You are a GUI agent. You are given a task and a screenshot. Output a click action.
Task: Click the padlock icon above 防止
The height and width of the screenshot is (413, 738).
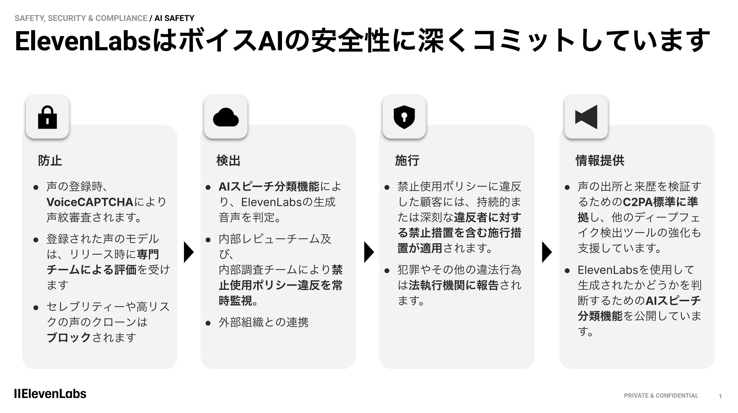47,117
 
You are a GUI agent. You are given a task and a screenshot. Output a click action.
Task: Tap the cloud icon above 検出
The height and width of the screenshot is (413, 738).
226,117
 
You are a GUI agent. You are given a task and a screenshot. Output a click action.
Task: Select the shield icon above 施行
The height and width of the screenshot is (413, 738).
404,117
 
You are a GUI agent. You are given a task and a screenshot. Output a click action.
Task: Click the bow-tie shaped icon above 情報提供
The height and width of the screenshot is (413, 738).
586,117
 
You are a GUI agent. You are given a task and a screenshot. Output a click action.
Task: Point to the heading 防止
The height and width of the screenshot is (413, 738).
50,161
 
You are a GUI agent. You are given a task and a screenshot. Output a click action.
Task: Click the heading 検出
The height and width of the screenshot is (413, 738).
228,161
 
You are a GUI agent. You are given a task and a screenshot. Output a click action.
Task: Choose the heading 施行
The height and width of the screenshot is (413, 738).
407,161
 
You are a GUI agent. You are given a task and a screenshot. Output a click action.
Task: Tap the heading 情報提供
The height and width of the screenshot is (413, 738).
600,161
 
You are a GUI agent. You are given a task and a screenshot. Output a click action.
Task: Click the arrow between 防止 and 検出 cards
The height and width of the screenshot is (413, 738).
188,252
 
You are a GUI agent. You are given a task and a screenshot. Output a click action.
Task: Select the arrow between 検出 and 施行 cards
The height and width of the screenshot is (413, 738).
368,252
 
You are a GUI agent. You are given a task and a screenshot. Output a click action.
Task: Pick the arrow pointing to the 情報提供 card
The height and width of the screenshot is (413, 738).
547,252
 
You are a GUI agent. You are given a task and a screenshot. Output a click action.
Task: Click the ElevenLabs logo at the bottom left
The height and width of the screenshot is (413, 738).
50,394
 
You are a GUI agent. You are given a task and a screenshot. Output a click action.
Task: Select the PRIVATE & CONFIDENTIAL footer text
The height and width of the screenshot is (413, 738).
661,396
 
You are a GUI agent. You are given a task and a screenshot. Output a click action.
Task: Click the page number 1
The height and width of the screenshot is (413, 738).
720,397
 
